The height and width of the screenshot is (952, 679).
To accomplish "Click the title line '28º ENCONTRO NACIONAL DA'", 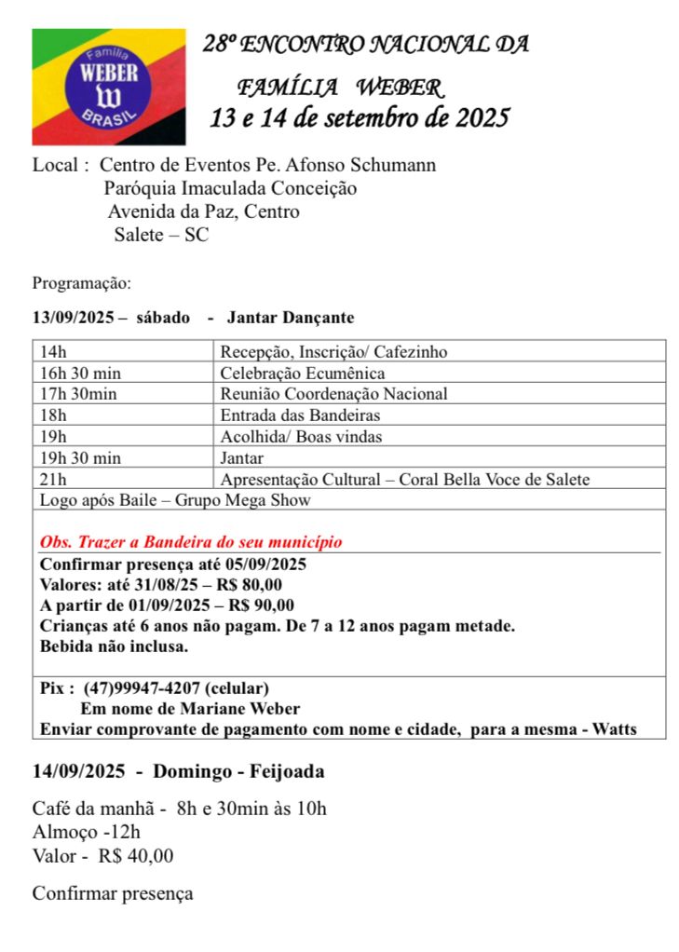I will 366,44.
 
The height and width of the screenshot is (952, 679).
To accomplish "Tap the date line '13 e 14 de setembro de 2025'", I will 360,118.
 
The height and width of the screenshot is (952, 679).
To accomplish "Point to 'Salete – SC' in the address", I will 161,235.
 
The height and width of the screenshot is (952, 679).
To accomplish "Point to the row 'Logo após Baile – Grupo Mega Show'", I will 175,500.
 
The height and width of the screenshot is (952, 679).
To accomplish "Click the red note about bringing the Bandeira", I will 191,541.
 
